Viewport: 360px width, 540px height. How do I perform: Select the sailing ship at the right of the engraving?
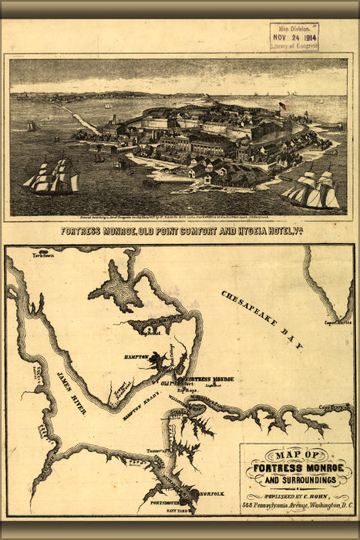pos(312,189)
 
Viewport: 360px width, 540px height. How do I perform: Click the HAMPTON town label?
pos(136,357)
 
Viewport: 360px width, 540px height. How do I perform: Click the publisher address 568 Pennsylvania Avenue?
pos(295,505)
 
